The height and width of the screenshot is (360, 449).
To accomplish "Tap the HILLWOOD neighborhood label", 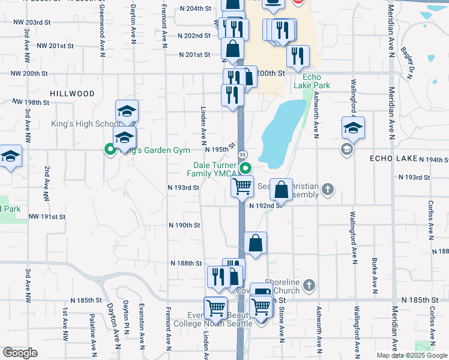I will point(73,94).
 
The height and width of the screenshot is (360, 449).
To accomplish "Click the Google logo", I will point(20,353).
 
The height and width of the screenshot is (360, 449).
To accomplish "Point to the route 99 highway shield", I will point(244,155).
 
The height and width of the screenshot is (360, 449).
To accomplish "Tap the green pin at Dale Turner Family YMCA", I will point(244,169).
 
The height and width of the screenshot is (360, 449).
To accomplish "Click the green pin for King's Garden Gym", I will point(110,150).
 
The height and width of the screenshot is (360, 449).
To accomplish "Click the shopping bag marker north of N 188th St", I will point(255,243).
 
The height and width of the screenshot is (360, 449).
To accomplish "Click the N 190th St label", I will point(184,225).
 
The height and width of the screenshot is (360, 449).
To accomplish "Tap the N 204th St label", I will point(196,9).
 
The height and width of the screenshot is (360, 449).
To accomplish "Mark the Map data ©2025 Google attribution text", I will point(411,355).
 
